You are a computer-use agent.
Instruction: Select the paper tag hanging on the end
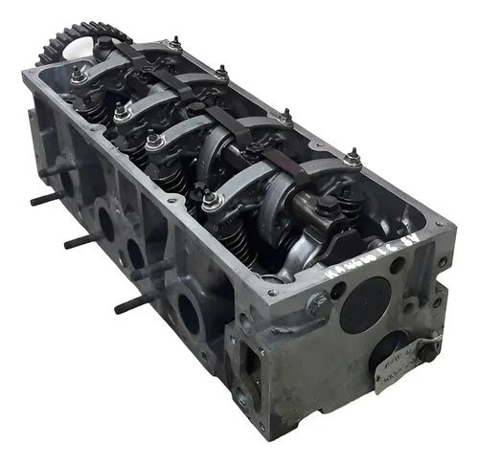(394, 369)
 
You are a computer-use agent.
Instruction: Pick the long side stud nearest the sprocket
(45, 199)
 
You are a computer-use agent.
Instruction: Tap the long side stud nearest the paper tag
(132, 304)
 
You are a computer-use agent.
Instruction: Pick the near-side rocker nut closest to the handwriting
(209, 200)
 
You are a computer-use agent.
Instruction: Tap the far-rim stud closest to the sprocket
(174, 43)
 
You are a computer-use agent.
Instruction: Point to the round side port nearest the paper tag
(189, 315)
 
